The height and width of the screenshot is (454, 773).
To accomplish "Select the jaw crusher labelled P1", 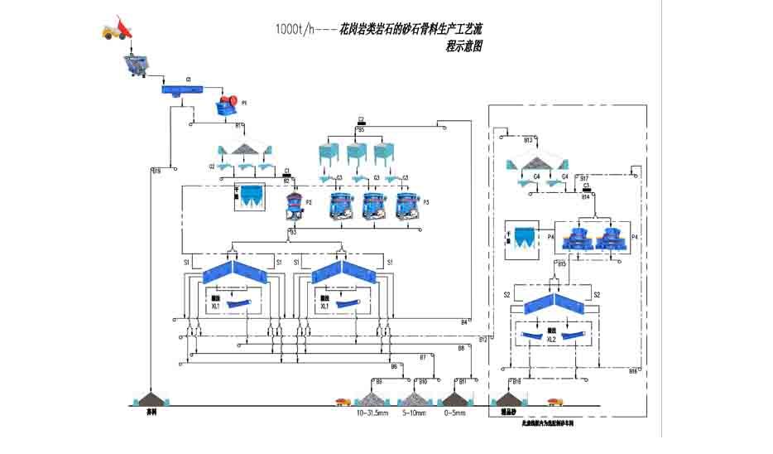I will pyautogui.click(x=227, y=104).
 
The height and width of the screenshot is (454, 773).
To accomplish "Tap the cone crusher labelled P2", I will pyautogui.click(x=291, y=203).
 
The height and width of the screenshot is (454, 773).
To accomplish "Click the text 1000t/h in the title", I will pyautogui.click(x=295, y=28).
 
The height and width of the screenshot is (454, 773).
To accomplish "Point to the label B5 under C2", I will pyautogui.click(x=361, y=130).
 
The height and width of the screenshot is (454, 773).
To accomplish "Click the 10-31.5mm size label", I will pyautogui.click(x=372, y=412).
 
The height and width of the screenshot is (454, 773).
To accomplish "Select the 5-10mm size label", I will pyautogui.click(x=415, y=412).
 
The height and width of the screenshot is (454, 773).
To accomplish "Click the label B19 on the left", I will pyautogui.click(x=157, y=171).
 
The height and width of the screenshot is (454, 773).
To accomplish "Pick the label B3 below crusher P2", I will pyautogui.click(x=292, y=233).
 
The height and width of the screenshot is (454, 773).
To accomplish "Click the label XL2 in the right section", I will pyautogui.click(x=551, y=340).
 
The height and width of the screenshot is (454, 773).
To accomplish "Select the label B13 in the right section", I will pyautogui.click(x=528, y=141).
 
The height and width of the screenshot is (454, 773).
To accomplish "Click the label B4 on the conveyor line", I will pyautogui.click(x=464, y=321).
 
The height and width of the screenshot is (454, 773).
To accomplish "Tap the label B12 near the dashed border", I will pyautogui.click(x=483, y=340).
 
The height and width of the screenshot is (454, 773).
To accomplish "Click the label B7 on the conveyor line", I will pyautogui.click(x=423, y=357).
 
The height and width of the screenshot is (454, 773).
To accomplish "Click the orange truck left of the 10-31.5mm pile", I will pyautogui.click(x=341, y=402).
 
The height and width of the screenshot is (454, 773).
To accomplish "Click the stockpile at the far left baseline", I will pyautogui.click(x=151, y=398).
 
